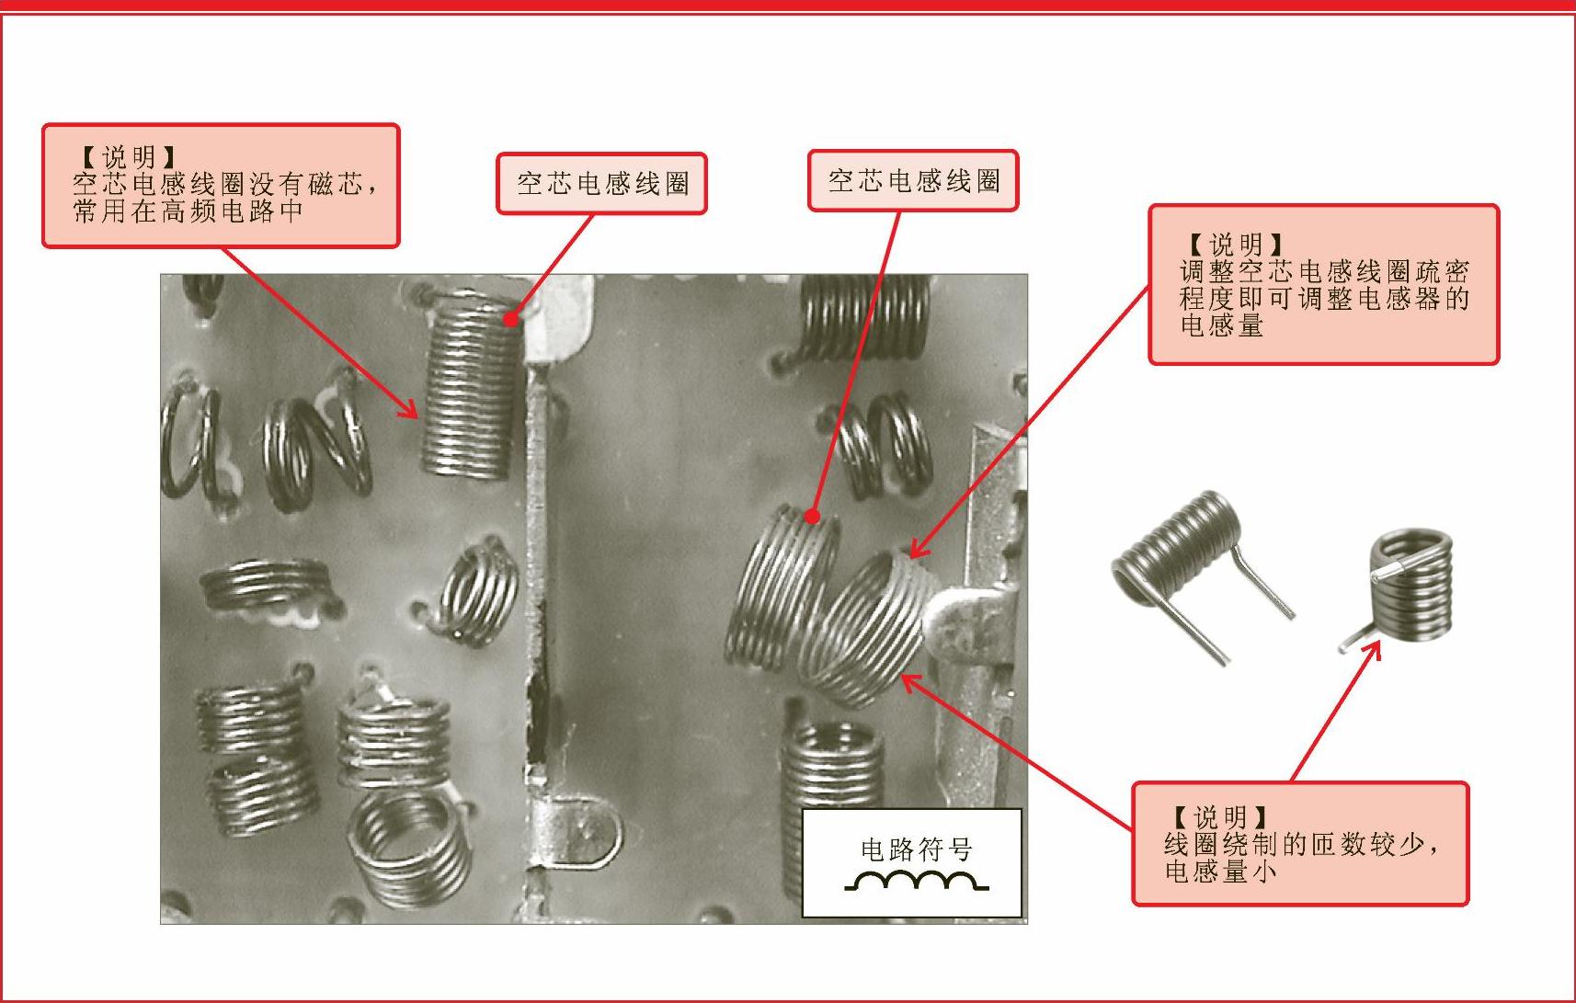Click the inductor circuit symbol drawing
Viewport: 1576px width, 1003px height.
pos(917,881)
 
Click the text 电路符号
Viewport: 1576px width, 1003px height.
pos(917,849)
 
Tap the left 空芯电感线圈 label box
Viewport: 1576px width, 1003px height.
pos(601,184)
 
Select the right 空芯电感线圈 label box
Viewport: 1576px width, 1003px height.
pos(913,181)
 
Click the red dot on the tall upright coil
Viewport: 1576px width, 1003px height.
pos(511,319)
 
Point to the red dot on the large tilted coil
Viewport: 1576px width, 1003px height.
pos(813,517)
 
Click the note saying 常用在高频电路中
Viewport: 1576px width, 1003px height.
pos(221,186)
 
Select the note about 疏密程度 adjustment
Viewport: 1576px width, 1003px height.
pos(1324,285)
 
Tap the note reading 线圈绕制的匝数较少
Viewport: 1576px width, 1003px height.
pos(1300,843)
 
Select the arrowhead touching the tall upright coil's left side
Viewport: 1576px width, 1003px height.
pos(409,410)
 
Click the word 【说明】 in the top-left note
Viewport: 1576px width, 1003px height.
pos(128,157)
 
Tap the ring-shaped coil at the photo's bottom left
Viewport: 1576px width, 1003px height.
pos(409,851)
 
